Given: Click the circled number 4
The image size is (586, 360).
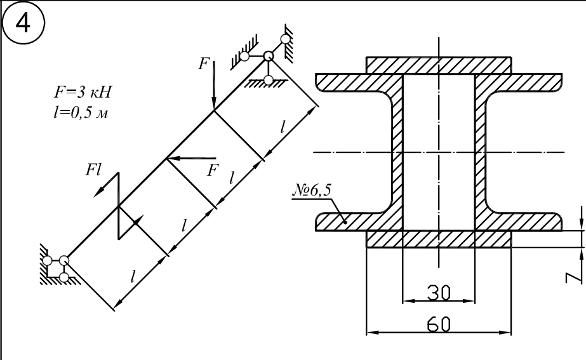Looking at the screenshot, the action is (23, 23).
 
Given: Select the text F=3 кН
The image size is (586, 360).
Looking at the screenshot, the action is (83, 92).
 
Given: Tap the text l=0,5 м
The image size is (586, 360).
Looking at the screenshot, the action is (81, 112).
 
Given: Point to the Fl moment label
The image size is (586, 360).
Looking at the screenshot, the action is (93, 170).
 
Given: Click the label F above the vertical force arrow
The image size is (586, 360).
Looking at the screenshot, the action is (204, 63).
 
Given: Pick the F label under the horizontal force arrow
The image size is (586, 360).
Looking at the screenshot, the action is (213, 170).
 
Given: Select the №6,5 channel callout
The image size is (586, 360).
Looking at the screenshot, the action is (312, 190).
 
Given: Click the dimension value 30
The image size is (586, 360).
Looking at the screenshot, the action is (439, 293).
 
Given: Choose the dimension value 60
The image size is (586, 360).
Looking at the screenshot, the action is (439, 324).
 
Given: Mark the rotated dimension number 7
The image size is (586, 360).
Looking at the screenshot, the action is (574, 277).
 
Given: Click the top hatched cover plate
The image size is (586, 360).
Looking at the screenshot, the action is (438, 65).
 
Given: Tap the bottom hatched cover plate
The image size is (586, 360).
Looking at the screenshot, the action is (438, 239).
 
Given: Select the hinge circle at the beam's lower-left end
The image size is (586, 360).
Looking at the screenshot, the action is (64, 260).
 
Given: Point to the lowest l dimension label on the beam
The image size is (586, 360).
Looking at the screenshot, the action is (133, 277).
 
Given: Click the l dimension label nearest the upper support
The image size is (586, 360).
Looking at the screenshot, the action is (283, 128).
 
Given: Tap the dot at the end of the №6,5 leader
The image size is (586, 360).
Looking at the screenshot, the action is (345, 223).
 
